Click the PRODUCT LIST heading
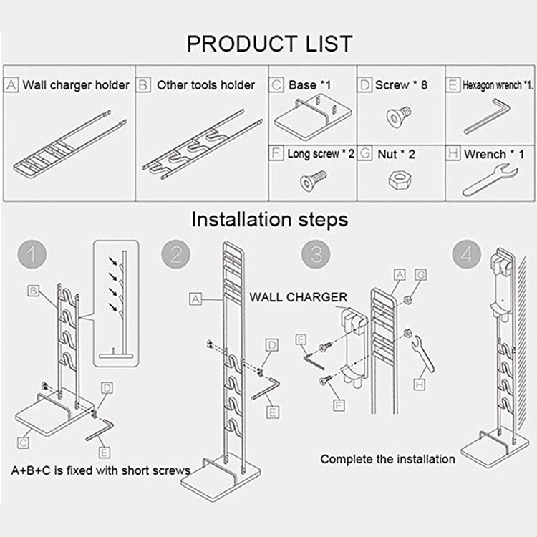click(x=269, y=43)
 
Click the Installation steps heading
click(x=269, y=218)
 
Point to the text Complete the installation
click(x=387, y=459)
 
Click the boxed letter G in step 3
click(x=420, y=275)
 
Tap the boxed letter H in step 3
click(x=420, y=385)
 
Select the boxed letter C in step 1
click(x=24, y=442)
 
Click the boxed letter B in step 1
click(x=34, y=290)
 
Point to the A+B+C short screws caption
click(x=100, y=470)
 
